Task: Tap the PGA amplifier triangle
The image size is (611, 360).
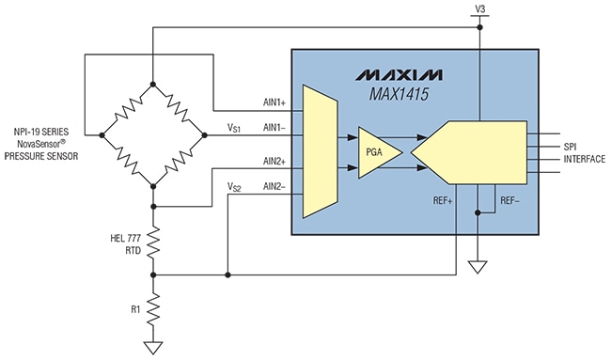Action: click(378, 151)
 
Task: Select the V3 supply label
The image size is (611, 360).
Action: click(480, 8)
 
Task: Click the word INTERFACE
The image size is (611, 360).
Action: click(584, 160)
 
